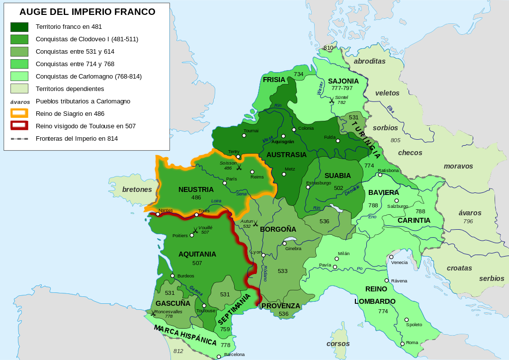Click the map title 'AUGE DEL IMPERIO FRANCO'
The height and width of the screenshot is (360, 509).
click(x=87, y=12)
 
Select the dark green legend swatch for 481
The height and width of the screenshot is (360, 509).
click(x=19, y=27)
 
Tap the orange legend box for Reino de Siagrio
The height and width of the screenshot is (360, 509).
click(x=19, y=113)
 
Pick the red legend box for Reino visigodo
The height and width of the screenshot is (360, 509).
click(x=19, y=126)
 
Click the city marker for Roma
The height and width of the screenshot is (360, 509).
click(x=403, y=344)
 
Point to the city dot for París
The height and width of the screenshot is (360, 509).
click(x=225, y=183)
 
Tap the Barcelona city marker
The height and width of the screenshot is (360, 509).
click(x=219, y=357)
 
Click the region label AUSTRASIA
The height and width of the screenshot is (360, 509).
click(x=286, y=155)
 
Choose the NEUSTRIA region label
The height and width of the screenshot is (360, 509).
click(x=196, y=189)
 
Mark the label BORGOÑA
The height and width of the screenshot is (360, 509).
click(x=278, y=229)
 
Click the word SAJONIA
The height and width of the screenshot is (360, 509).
click(x=343, y=81)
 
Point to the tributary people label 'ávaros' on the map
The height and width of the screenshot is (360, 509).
click(x=470, y=213)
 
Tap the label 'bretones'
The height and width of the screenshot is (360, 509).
click(x=137, y=189)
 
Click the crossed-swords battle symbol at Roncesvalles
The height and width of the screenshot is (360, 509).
click(x=151, y=313)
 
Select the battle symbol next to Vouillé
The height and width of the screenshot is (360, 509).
click(x=195, y=230)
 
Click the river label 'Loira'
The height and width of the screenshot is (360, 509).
click(x=216, y=201)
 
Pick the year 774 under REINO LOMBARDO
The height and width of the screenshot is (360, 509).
click(x=383, y=311)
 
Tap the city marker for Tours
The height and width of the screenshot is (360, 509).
click(x=197, y=215)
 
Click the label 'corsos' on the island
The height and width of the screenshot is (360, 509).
click(x=338, y=344)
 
